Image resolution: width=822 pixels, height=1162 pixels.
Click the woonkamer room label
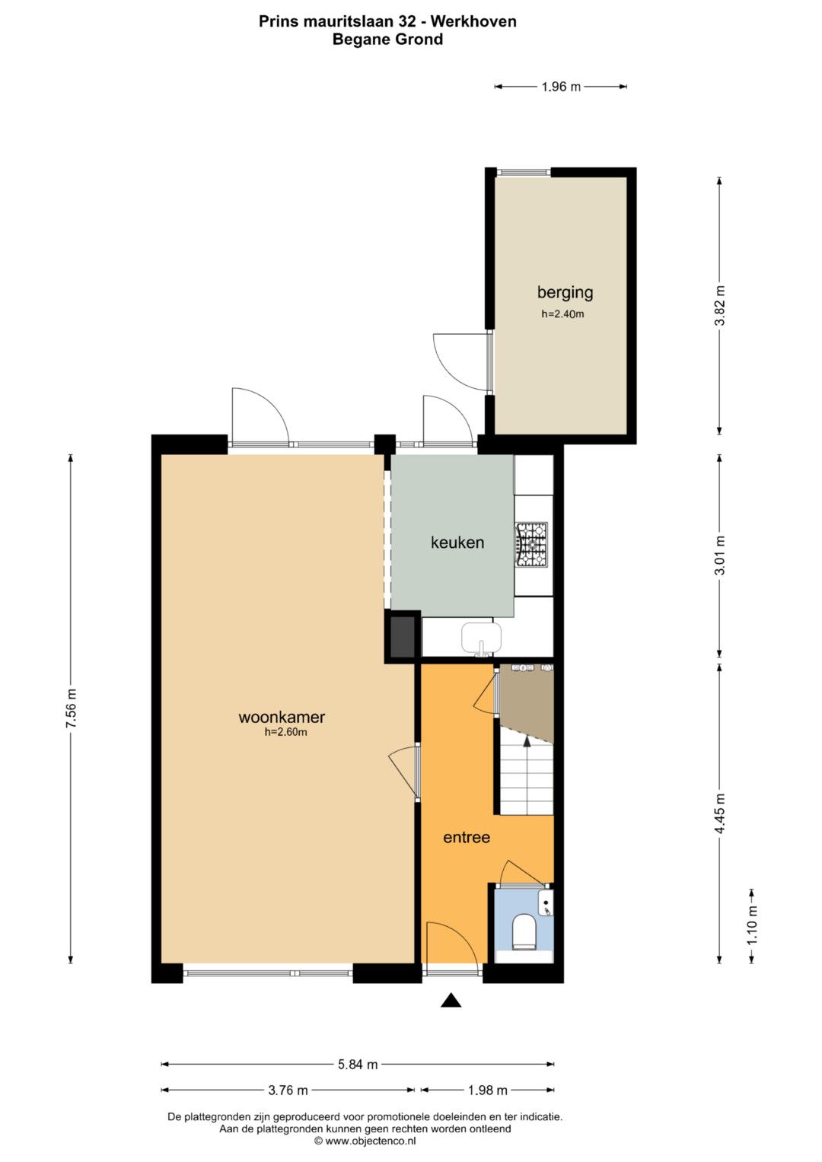[282, 717]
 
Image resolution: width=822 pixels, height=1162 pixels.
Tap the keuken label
[457, 543]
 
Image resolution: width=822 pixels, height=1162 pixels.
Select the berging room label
[565, 293]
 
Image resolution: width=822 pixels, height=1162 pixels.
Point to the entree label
[467, 837]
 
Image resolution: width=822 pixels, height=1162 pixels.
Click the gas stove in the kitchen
[531, 544]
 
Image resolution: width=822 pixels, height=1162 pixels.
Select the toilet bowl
[524, 931]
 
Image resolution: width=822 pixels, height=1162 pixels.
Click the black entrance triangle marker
[451, 1000]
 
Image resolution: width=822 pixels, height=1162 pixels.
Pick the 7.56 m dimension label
[71, 708]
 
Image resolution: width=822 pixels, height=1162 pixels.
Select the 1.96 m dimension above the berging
[561, 87]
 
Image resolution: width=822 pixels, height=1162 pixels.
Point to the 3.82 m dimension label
[719, 306]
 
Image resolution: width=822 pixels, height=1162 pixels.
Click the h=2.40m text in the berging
[562, 314]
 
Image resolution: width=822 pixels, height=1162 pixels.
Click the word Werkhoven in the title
[473, 21]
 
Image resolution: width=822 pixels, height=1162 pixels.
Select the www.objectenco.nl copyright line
[365, 1141]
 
